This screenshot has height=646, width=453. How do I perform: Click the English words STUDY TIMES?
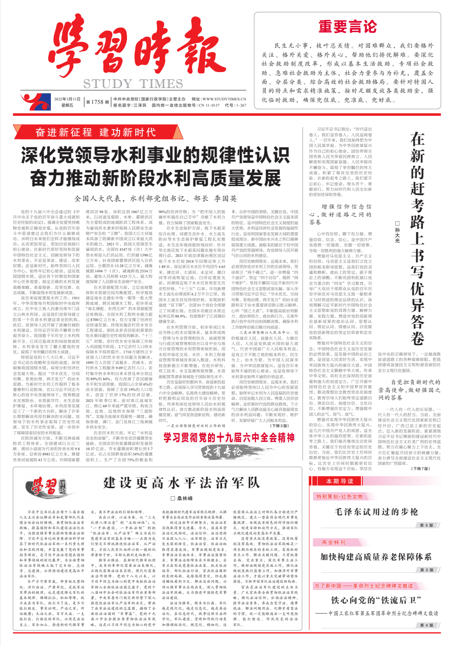pos(133,84)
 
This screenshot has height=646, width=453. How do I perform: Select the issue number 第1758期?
pos(97,102)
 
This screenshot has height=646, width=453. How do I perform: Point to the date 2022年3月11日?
pos(67,99)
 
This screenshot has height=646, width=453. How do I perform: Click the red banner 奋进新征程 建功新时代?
pos(96,132)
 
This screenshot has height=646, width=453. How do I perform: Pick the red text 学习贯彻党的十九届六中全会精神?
pos(229,437)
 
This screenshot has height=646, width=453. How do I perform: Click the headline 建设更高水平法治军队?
pos(181,483)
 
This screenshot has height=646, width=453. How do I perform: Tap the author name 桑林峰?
pos(182,498)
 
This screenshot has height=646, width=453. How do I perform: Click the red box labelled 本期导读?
pos(340,481)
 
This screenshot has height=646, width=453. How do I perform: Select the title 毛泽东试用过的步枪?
pos(376,512)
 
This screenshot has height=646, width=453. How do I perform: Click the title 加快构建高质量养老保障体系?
pos(376,557)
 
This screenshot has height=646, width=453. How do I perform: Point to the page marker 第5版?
pos(426,525)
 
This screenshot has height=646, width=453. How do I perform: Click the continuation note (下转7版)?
pos(420,469)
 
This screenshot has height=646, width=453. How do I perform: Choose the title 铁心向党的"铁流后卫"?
pos(376,600)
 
